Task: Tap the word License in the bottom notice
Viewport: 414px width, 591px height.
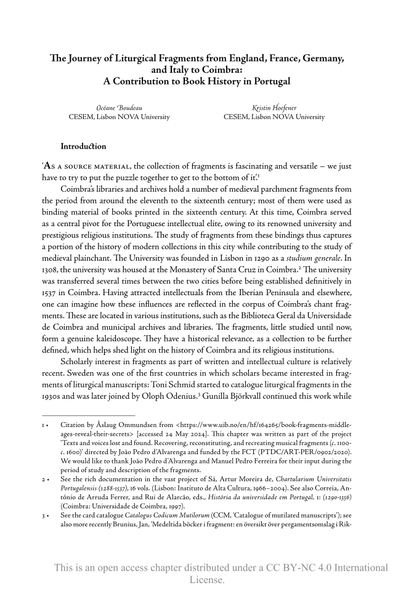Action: (x=207, y=580)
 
